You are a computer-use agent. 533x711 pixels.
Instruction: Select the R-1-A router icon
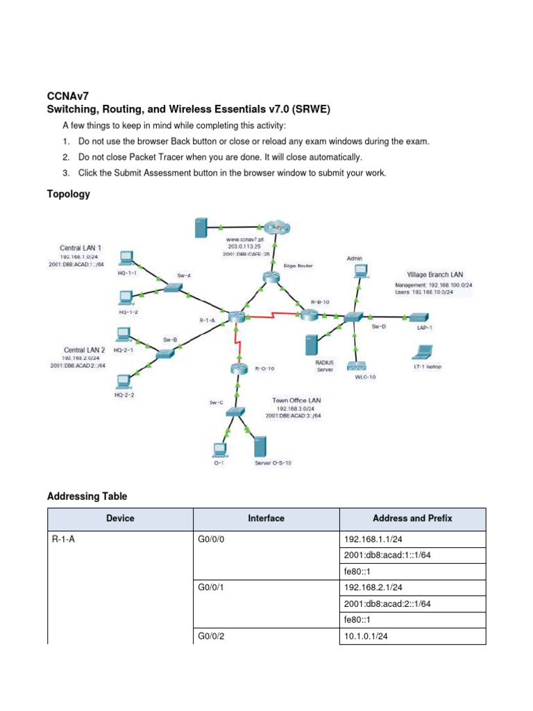(x=233, y=317)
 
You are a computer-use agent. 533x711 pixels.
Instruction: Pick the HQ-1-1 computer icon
(x=126, y=258)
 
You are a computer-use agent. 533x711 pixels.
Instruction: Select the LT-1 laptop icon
(x=425, y=351)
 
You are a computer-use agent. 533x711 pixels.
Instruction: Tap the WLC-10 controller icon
(x=358, y=366)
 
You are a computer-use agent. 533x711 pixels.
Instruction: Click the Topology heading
(x=68, y=194)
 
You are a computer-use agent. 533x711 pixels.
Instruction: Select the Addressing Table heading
(x=87, y=496)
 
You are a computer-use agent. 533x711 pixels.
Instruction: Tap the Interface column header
(x=266, y=518)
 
